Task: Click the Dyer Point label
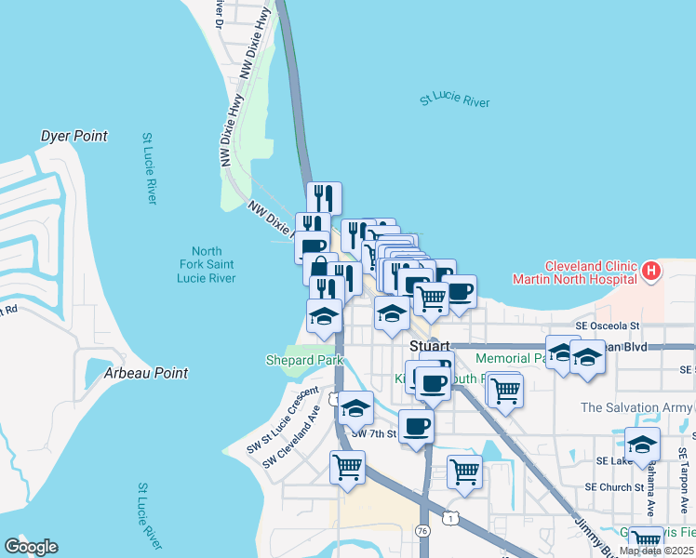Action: [74, 136]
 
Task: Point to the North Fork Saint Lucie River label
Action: [207, 265]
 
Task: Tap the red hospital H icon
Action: [651, 272]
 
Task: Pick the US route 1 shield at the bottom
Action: [451, 517]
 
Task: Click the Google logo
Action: [31, 547]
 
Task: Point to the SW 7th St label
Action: [374, 433]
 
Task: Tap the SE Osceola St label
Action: [608, 326]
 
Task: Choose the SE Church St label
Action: [614, 486]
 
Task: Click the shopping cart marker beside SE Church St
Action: [464, 471]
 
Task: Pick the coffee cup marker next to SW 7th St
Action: [416, 426]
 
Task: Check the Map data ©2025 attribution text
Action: [656, 551]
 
